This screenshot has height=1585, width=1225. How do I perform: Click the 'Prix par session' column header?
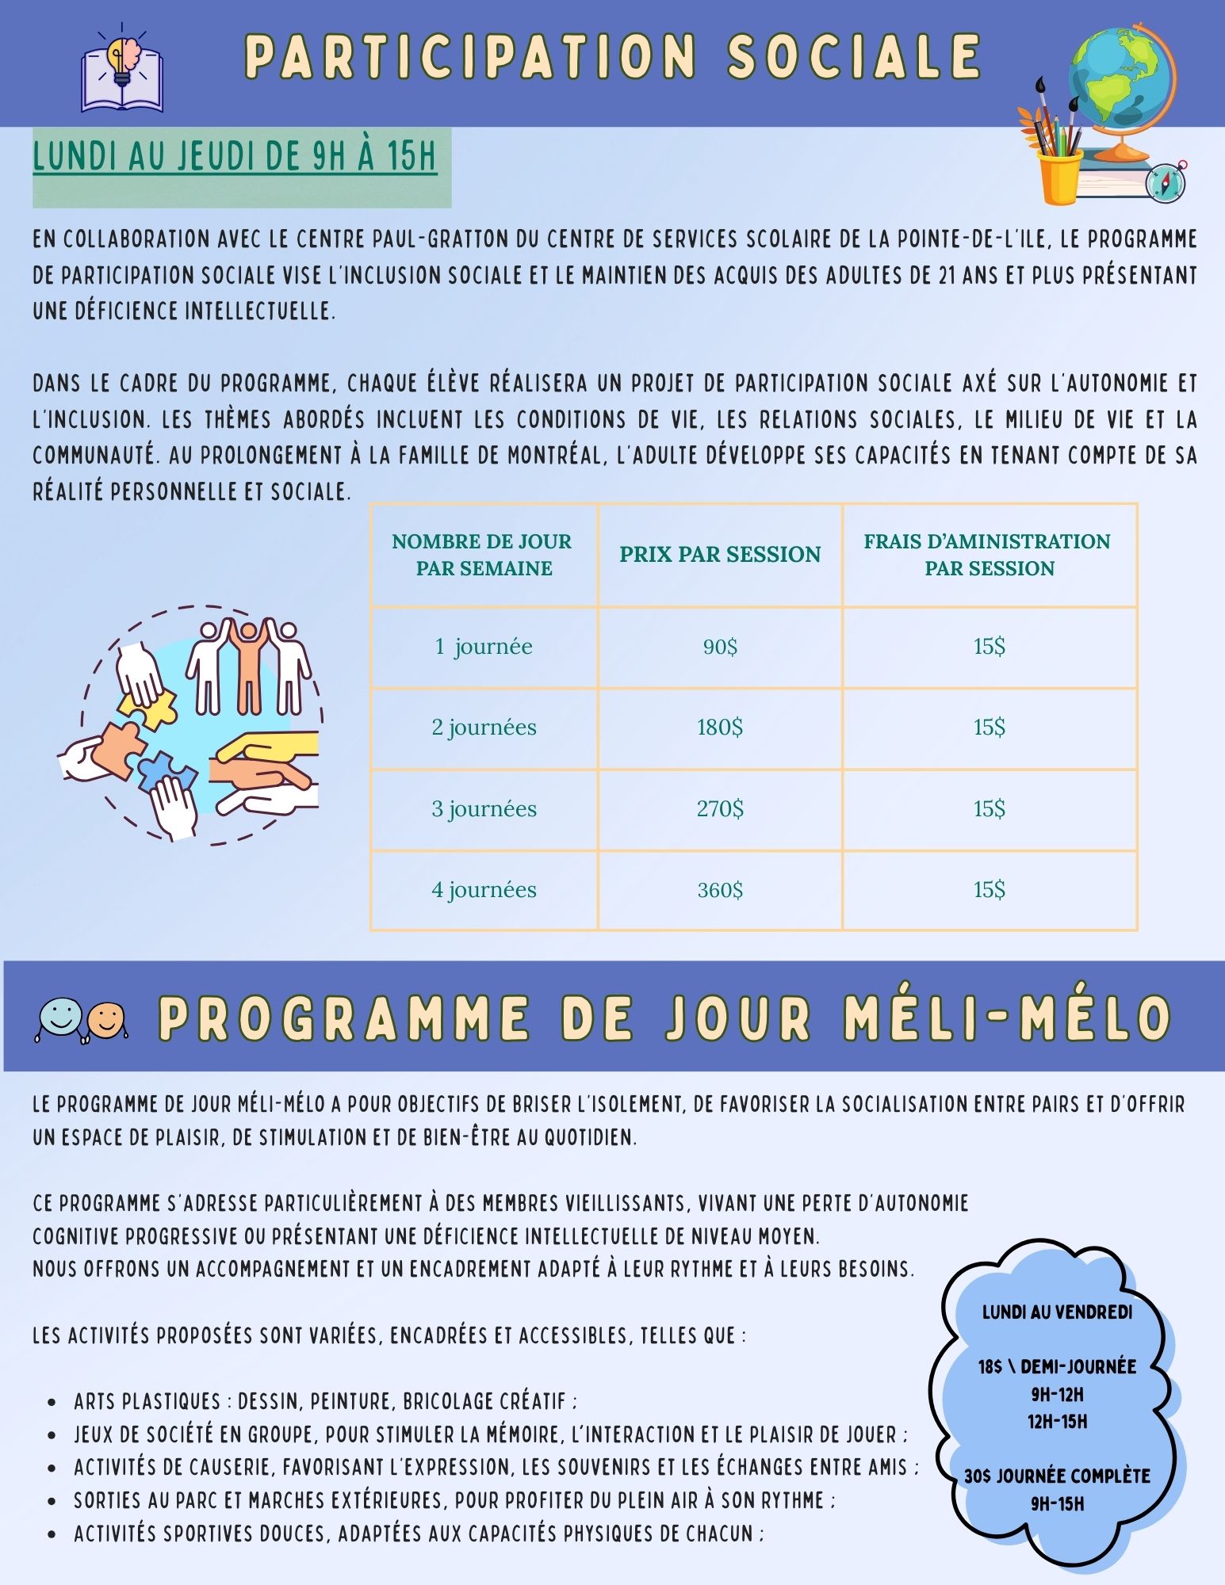[720, 554]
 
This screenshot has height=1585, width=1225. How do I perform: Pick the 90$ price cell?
[720, 647]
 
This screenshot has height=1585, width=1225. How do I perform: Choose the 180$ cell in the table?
[720, 728]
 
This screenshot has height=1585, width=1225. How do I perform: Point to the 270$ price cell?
[720, 809]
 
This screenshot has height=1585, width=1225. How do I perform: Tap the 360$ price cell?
[720, 890]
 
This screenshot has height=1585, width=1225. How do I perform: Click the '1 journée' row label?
[484, 647]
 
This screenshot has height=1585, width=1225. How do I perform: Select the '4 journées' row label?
[484, 890]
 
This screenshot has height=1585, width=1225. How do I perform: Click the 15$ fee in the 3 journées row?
[990, 809]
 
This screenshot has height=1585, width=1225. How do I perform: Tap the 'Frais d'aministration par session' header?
[988, 555]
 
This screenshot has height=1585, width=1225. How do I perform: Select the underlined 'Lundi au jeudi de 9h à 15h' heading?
[235, 156]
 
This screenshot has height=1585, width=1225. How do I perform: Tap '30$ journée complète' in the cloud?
[1057, 1476]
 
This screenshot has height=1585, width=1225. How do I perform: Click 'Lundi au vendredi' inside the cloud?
[1057, 1312]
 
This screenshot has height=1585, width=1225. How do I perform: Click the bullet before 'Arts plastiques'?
[52, 1402]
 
